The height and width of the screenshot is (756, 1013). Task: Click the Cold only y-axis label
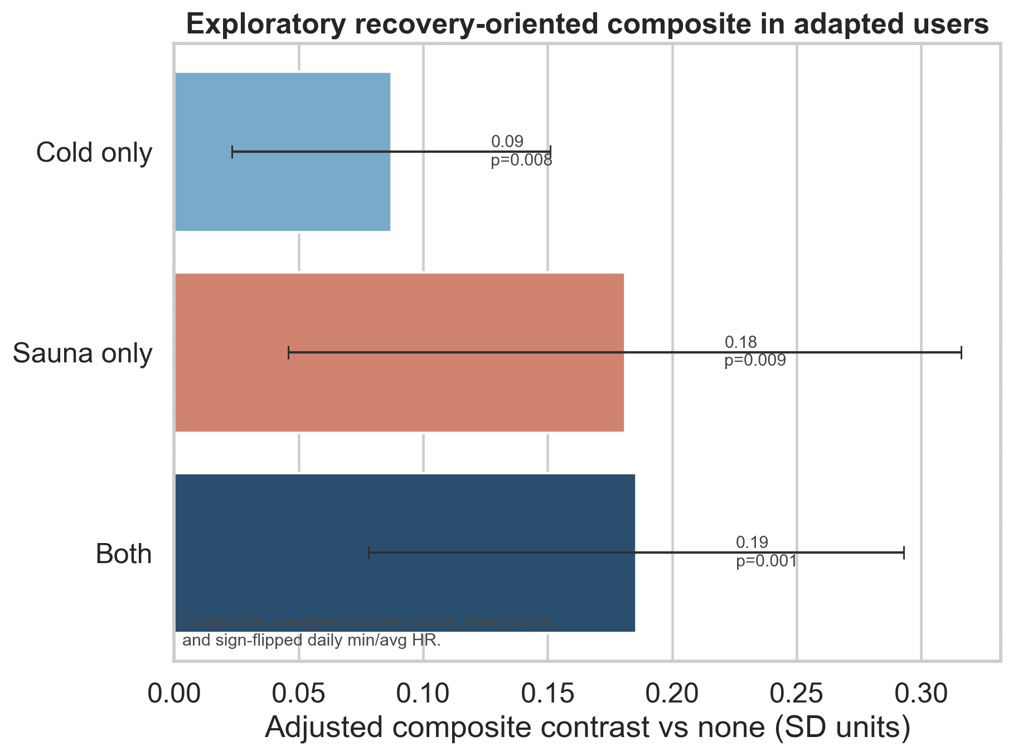pos(94,153)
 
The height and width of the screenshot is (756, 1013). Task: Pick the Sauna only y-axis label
pos(82,353)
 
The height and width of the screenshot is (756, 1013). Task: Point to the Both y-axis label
pos(124,554)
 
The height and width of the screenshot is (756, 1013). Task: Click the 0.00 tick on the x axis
pos(175,695)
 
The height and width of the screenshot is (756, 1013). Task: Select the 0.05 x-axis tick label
pos(299,695)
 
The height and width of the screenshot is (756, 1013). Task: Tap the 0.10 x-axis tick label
pos(423,695)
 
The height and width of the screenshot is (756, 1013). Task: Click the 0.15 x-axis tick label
pos(547,695)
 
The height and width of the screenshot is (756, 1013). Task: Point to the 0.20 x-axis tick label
pos(672,695)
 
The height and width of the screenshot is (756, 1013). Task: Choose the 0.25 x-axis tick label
pos(797,695)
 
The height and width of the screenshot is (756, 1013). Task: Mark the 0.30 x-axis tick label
pos(921,695)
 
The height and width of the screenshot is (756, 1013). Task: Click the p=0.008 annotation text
pos(521,161)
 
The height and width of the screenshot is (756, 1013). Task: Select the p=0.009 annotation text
pos(755,361)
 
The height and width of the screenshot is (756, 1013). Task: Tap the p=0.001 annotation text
pos(766,561)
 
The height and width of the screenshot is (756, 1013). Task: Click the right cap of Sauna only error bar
pos(961,352)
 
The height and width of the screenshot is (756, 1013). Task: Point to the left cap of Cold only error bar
pos(232,152)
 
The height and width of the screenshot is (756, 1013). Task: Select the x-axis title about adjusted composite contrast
pos(587,728)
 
